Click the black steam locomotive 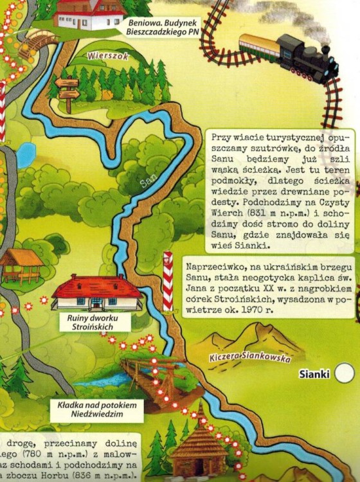click(x=307, y=57)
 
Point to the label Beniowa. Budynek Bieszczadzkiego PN click(x=164, y=27)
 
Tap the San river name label click(x=148, y=184)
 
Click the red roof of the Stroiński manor click(x=96, y=285)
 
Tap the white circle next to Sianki click(x=345, y=373)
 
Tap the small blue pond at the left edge click(x=26, y=155)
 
